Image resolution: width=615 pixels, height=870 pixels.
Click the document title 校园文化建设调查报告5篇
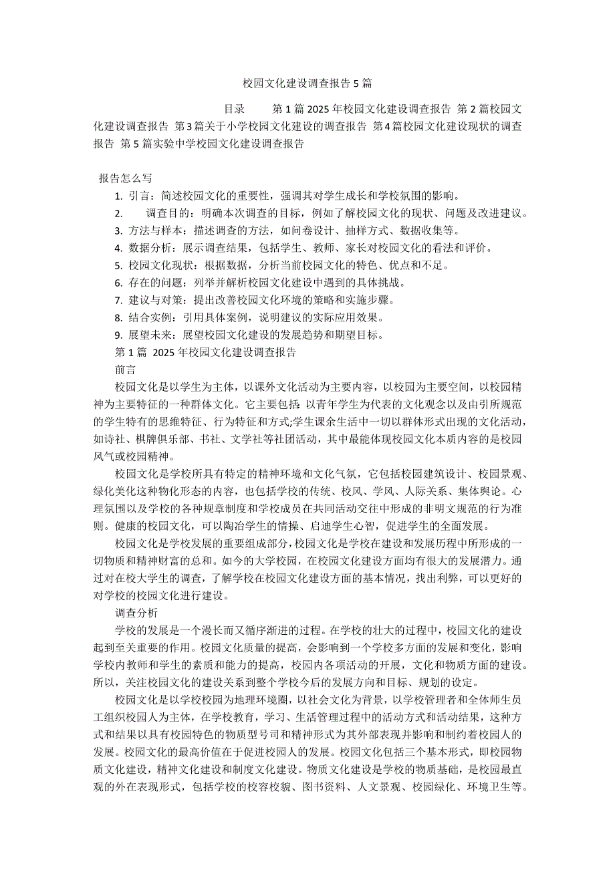point(307,84)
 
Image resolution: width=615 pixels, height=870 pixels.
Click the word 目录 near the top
point(233,108)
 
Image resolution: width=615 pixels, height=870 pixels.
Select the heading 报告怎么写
point(126,178)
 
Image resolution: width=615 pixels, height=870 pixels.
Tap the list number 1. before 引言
point(118,196)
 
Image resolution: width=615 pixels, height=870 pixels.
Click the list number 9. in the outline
point(118,335)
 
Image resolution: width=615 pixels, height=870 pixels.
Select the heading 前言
point(125,369)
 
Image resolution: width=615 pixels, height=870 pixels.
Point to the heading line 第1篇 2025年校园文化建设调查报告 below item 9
point(205,351)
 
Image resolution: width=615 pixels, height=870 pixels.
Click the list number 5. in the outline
point(118,265)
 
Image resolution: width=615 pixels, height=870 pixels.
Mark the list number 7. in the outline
point(118,300)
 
